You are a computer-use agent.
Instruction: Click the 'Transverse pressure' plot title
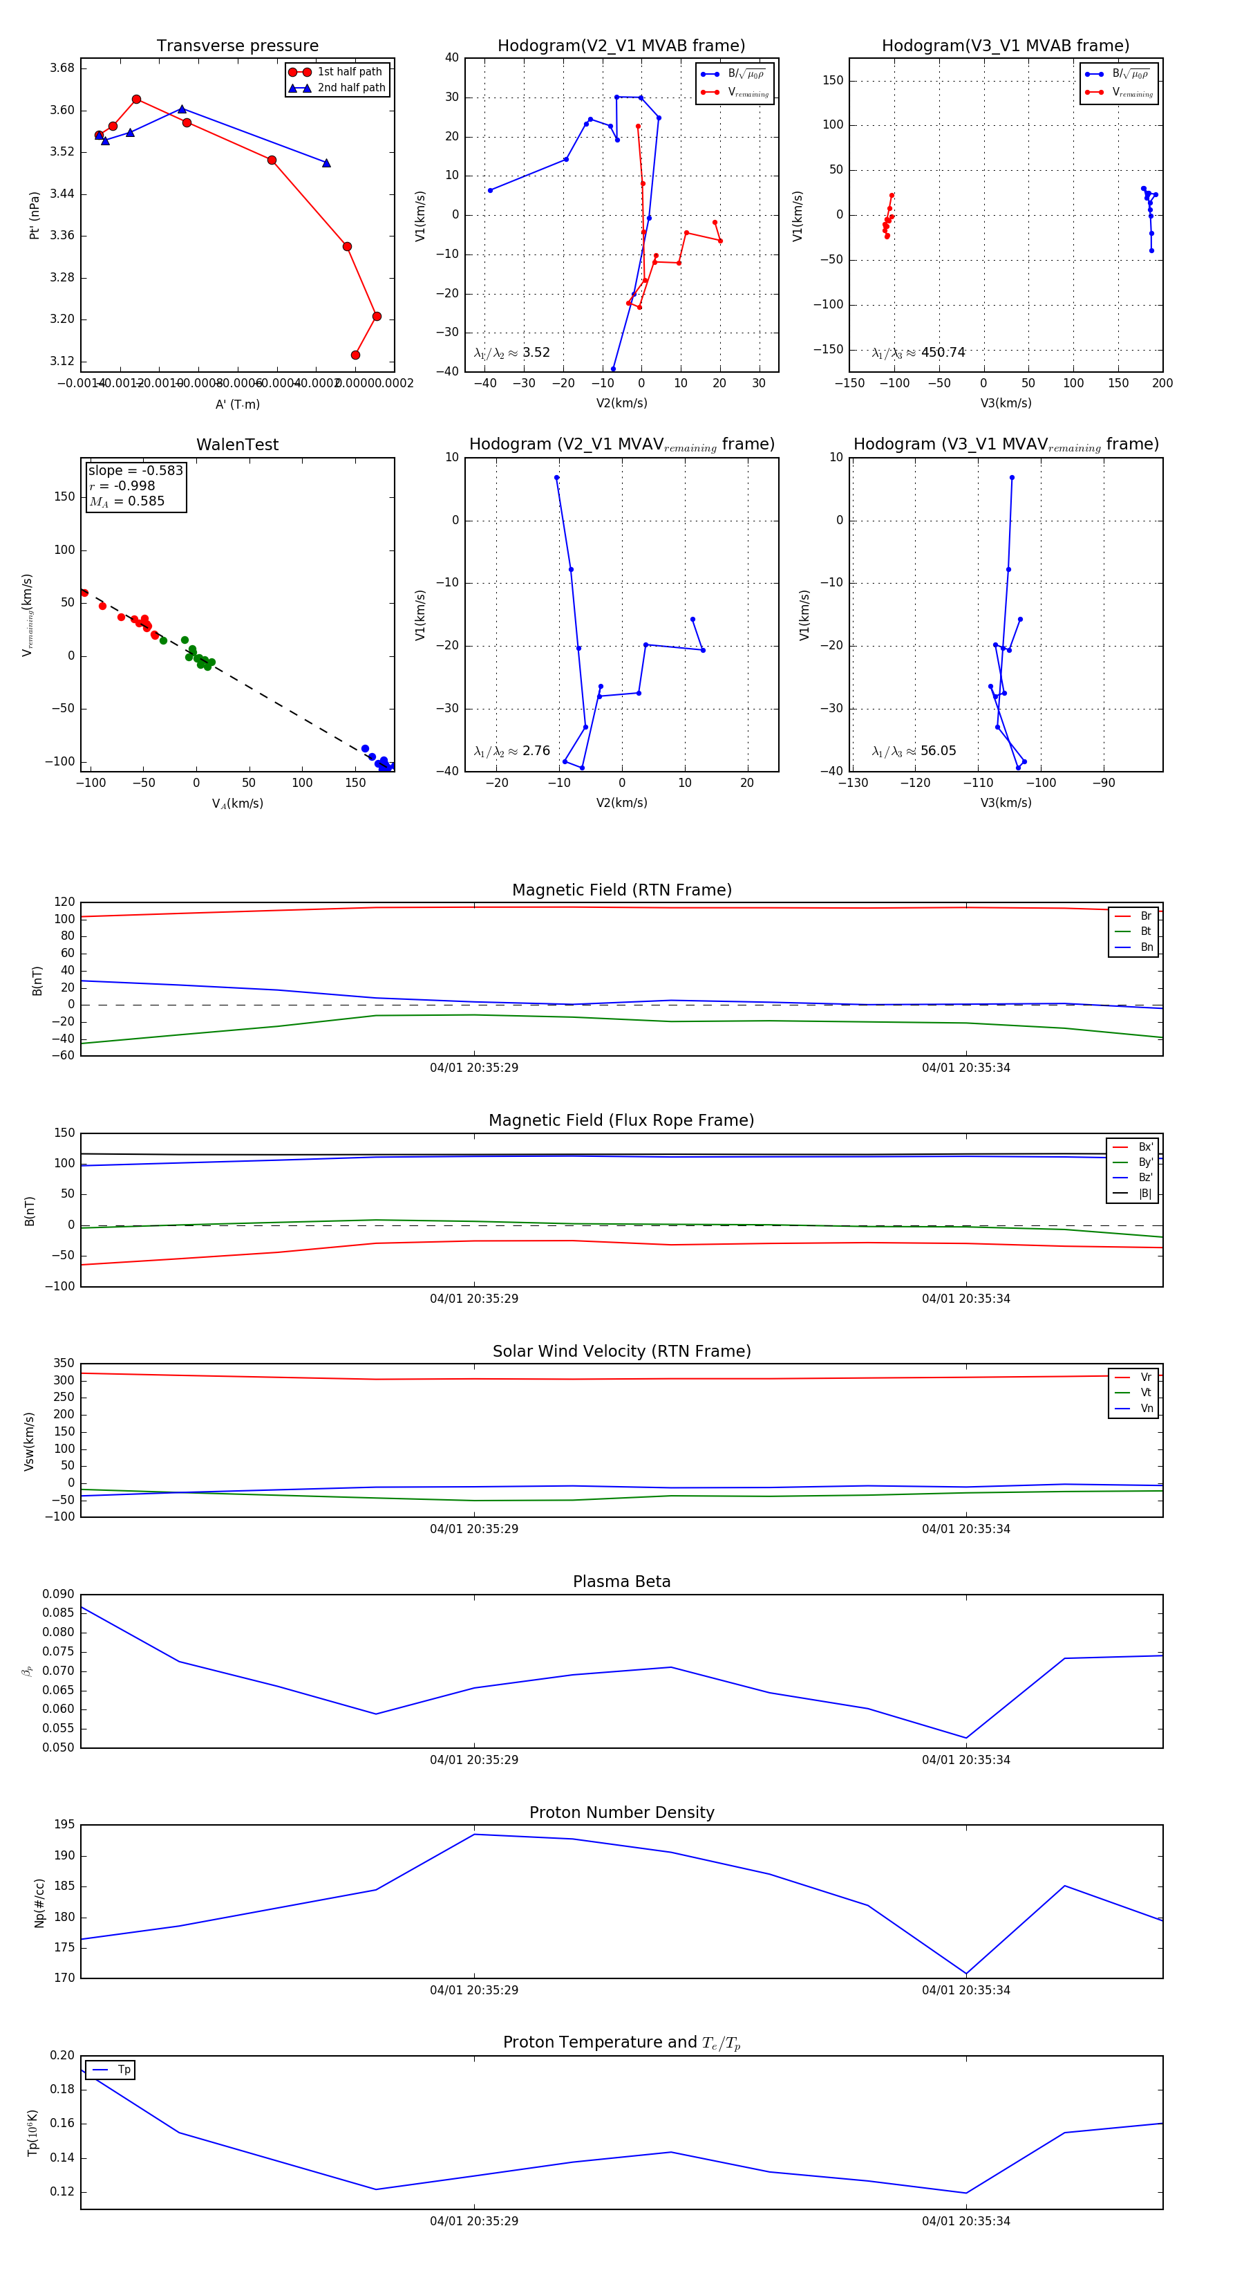point(237,46)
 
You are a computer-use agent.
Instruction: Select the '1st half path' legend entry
point(349,72)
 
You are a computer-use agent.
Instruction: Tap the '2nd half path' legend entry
point(350,88)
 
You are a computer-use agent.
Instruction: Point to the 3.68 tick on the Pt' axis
point(62,68)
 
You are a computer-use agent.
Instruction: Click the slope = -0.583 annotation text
point(135,470)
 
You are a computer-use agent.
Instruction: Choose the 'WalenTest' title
point(237,445)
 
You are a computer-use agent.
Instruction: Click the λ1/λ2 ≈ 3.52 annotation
point(511,353)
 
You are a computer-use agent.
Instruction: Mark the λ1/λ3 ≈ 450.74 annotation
point(918,353)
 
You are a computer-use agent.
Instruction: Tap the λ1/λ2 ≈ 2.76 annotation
point(511,751)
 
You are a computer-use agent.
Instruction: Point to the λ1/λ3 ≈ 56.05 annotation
point(914,751)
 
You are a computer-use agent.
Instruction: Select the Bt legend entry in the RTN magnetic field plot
point(1145,931)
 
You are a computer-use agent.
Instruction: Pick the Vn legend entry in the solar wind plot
point(1146,1409)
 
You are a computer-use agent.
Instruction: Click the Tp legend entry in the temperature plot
point(124,2070)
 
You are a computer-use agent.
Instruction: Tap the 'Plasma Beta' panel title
point(621,1582)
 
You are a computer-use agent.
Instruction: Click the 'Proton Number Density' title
point(621,1812)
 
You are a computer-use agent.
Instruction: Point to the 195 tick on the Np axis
point(64,1825)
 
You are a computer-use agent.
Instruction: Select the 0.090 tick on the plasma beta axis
point(59,1595)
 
